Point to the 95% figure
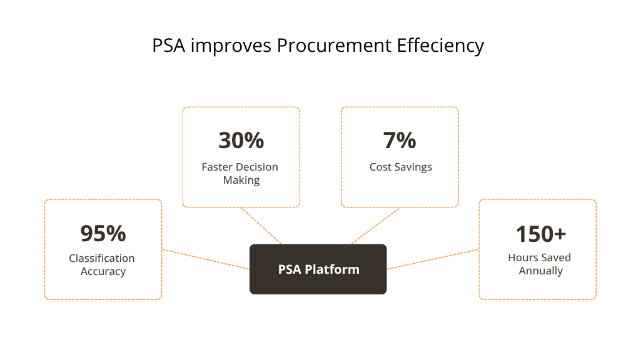coord(103,233)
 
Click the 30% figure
coord(241,141)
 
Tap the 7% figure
coord(400,141)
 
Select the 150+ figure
coord(540,234)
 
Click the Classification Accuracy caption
coord(103,265)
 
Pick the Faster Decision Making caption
coord(240,174)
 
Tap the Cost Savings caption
coord(400,167)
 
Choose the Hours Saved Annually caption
coord(540,264)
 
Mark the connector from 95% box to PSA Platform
coord(206,260)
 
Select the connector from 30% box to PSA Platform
coord(261,226)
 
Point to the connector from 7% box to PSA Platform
coord(376,226)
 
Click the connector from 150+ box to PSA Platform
coord(433,259)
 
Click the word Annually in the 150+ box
coord(540,271)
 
